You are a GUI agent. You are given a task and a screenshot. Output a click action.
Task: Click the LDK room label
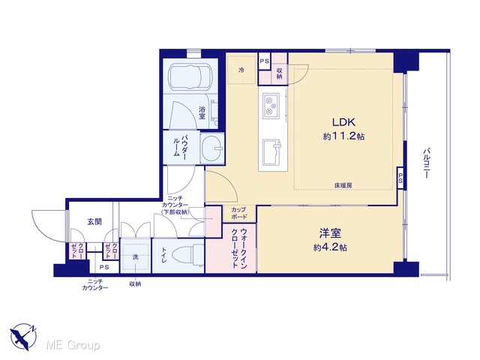[x=343, y=122]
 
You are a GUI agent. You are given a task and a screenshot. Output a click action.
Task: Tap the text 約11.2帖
[x=343, y=136]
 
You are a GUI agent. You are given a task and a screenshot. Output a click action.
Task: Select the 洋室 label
[x=330, y=233]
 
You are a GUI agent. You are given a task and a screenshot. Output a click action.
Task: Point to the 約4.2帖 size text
[x=330, y=247]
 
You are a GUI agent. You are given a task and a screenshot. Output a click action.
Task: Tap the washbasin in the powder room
[x=212, y=148]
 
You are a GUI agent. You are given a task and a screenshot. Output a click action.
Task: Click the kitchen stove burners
[x=271, y=106]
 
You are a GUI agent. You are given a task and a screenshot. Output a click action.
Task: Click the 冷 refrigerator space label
[x=241, y=70]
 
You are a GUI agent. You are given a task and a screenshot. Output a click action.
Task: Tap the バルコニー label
[x=426, y=163]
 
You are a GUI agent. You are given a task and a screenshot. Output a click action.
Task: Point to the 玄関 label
[x=94, y=221]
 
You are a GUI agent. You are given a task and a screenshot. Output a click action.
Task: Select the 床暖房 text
[x=343, y=185]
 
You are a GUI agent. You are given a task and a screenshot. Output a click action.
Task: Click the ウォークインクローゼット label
[x=239, y=248]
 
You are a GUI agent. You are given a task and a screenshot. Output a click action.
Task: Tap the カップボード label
[x=238, y=213]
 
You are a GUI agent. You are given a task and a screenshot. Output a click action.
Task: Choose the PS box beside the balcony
[x=400, y=178]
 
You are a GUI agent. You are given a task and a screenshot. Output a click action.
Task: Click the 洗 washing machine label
[x=136, y=256]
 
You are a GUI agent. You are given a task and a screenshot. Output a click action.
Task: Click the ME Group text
[x=73, y=346]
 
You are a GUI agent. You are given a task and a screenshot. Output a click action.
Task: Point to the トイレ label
[x=163, y=256]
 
